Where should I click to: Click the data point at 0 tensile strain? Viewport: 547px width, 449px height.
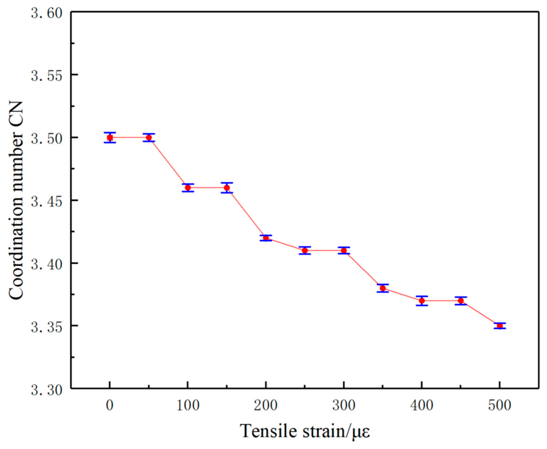(x=110, y=138)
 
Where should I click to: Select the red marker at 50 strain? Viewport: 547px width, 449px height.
(x=149, y=138)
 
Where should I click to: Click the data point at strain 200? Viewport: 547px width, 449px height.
(x=266, y=238)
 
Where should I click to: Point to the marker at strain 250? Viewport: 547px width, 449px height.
(x=305, y=250)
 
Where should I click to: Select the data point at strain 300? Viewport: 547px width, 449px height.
(x=344, y=250)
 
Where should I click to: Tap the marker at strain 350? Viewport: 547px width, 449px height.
(x=383, y=288)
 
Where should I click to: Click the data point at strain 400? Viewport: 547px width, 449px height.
(x=422, y=301)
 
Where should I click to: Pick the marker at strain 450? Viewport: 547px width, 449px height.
(x=461, y=301)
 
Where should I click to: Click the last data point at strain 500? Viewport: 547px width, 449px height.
(x=500, y=326)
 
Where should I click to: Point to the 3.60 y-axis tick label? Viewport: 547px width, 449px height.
(x=47, y=13)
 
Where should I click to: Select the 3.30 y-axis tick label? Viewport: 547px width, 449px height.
(x=47, y=390)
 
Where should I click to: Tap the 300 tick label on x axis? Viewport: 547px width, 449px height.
(x=344, y=405)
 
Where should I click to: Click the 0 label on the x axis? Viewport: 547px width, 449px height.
(x=110, y=405)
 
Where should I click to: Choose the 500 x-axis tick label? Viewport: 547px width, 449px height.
(x=500, y=405)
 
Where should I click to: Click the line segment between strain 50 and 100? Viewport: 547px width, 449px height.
(x=168, y=163)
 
